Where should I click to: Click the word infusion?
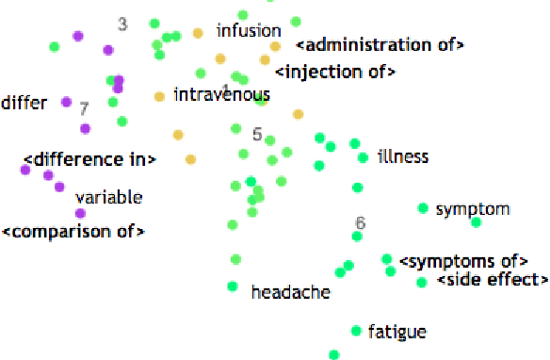[x=249, y=31]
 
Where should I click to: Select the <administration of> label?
[x=380, y=44]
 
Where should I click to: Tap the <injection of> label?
[x=334, y=72]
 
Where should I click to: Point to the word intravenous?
[x=222, y=94]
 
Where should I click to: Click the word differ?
[x=24, y=102]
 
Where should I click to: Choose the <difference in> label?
[x=89, y=159]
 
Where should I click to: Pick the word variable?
[x=108, y=197]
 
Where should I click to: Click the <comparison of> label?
[x=73, y=231]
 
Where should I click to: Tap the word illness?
[x=403, y=155]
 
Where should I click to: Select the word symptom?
[x=473, y=208]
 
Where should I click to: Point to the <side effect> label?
[x=493, y=279]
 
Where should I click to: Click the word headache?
[x=291, y=292]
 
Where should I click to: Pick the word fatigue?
[x=397, y=331]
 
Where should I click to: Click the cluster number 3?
[x=122, y=25]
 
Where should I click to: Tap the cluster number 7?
[x=84, y=108]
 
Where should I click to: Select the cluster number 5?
[x=257, y=134]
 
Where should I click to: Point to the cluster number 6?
[x=360, y=223]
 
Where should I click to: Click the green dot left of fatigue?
[x=356, y=331]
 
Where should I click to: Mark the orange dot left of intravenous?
[x=159, y=95]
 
